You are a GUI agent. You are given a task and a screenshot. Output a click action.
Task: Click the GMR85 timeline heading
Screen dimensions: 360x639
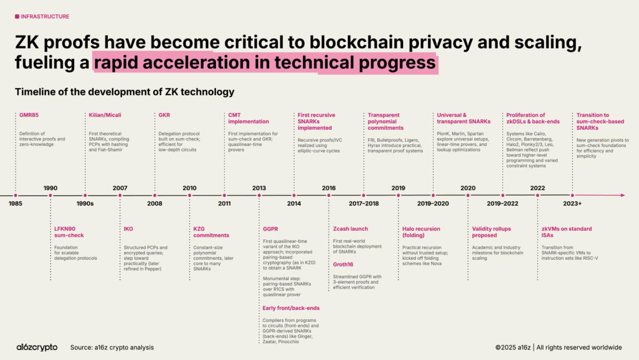point(29,115)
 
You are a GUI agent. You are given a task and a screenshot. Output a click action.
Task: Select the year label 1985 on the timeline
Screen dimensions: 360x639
point(15,203)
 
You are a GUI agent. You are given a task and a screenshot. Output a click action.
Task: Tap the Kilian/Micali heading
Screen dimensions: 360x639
point(105,115)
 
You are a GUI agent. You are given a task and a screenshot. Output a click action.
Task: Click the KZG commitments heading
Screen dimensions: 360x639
point(211,232)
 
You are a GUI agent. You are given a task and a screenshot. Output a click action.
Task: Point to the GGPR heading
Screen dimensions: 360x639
point(270,229)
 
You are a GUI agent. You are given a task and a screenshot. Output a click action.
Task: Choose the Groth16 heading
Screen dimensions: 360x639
point(343,265)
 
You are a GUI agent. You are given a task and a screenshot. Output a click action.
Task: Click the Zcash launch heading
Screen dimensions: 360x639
point(350,229)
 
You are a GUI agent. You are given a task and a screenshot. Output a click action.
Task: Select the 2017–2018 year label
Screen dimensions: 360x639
point(363,203)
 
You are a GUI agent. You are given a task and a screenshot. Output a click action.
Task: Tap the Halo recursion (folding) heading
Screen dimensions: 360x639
point(421,232)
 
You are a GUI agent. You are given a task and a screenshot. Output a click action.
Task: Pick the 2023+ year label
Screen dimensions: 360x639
point(572,203)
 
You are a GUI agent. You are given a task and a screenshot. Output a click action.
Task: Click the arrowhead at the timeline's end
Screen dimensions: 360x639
point(622,195)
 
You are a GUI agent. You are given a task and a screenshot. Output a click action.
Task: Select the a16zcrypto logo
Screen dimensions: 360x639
point(37,347)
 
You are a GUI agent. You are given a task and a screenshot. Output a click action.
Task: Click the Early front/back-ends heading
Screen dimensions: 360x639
point(291,308)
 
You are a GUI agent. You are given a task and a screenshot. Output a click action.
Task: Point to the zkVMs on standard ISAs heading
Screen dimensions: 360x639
point(566,232)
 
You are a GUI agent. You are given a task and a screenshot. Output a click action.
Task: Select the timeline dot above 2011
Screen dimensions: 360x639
point(224,195)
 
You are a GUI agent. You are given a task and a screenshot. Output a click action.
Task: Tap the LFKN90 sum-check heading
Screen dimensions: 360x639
point(69,232)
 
